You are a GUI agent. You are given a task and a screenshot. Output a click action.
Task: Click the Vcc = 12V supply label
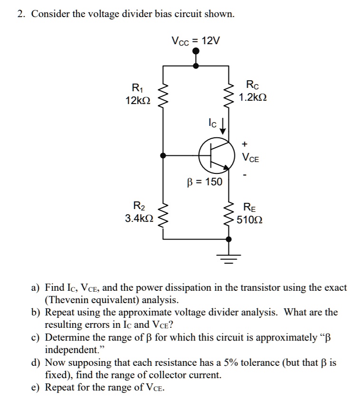tap(196, 41)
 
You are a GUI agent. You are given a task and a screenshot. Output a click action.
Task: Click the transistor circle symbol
tap(217, 155)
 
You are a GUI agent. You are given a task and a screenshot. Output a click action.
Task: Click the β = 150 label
tap(204, 181)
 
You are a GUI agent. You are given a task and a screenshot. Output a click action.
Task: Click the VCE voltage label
tap(250, 158)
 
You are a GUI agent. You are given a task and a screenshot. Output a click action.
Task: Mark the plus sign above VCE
tap(245, 143)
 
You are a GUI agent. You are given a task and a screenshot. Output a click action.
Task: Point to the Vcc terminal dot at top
tap(196, 53)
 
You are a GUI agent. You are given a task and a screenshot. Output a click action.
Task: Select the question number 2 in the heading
tap(20, 14)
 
